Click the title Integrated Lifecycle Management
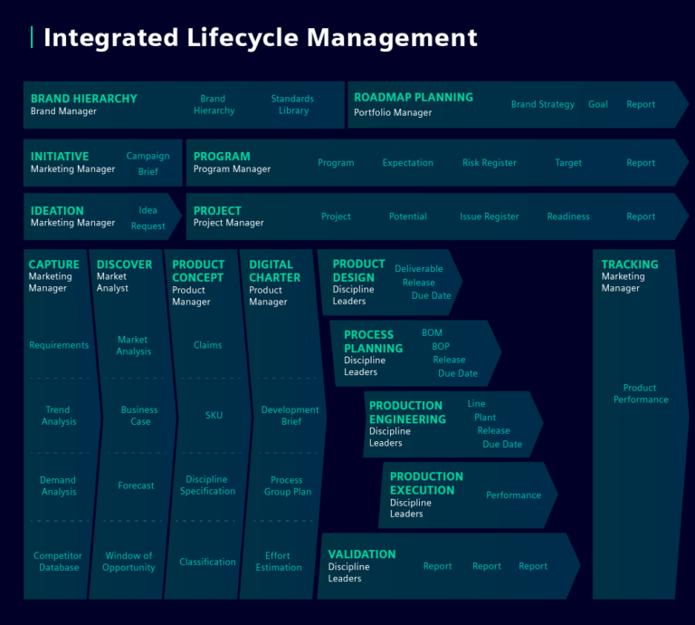(261, 38)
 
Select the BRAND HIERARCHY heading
(84, 99)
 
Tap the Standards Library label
(292, 105)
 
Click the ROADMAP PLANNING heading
(414, 97)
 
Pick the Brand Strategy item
(542, 104)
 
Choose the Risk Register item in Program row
(490, 163)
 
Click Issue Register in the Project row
(489, 216)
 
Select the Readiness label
(568, 216)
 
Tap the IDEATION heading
(57, 210)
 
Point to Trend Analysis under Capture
(58, 416)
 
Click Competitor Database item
(58, 562)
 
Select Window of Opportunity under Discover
(129, 562)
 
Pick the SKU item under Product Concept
(214, 416)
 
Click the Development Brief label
(290, 416)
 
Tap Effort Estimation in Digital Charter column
(279, 562)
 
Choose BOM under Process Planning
(432, 333)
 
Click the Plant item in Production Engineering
(485, 418)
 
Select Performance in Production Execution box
(513, 495)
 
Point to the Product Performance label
(641, 393)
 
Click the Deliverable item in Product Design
(419, 269)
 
